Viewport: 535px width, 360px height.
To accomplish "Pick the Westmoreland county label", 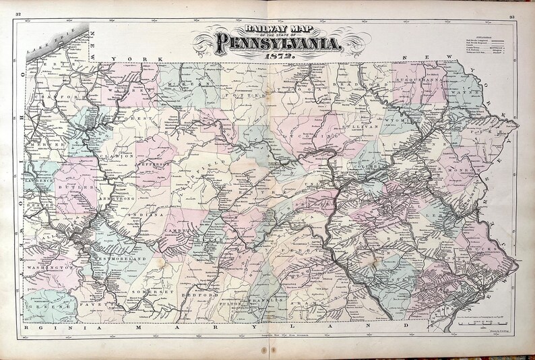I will pyautogui.click(x=119, y=258).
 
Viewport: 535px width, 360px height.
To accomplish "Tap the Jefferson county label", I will pyautogui.click(x=156, y=164).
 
